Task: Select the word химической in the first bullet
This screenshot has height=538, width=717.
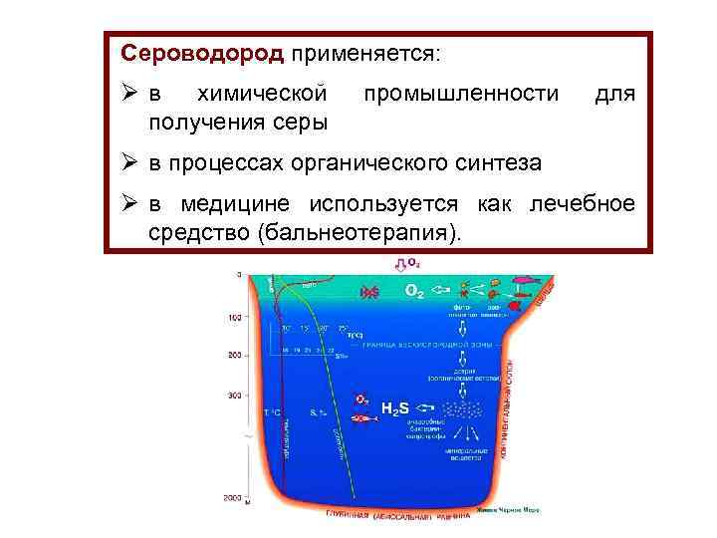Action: [x=263, y=94]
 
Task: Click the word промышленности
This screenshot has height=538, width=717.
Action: [x=461, y=94]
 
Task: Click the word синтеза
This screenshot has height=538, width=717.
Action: [x=502, y=162]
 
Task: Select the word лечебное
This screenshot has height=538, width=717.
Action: [x=583, y=204]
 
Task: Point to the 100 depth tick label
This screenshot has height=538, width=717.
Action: [x=235, y=318]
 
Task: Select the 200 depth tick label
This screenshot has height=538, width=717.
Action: [x=235, y=356]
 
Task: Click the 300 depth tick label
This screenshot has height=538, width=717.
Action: [x=235, y=396]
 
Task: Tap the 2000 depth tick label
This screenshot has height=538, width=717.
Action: [x=232, y=496]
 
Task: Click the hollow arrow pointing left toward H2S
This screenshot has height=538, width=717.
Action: [x=425, y=407]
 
